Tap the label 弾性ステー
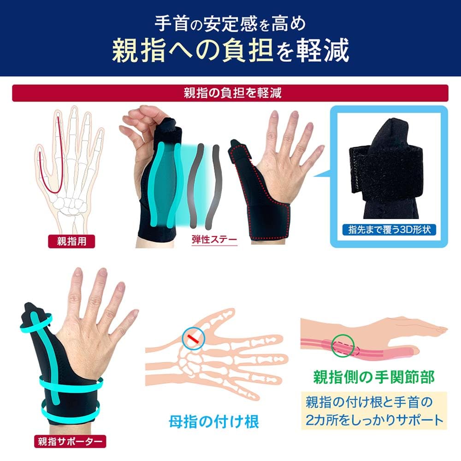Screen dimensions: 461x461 tap(214, 240)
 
